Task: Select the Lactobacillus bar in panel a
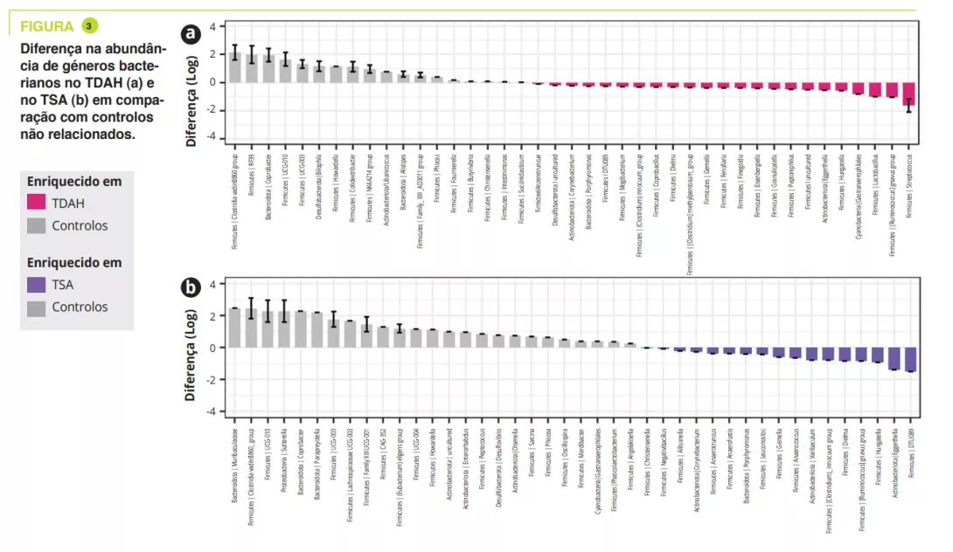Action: coord(874,89)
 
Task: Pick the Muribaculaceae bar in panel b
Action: coord(234,328)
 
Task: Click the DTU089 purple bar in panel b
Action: coord(910,360)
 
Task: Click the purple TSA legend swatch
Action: coord(36,285)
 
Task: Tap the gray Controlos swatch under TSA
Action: coord(36,307)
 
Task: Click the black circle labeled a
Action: coord(190,34)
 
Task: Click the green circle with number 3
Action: coord(88,25)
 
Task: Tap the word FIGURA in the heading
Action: coord(47,26)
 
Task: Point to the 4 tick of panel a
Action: coord(211,27)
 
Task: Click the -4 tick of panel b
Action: coord(209,411)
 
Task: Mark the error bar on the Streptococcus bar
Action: coord(908,106)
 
